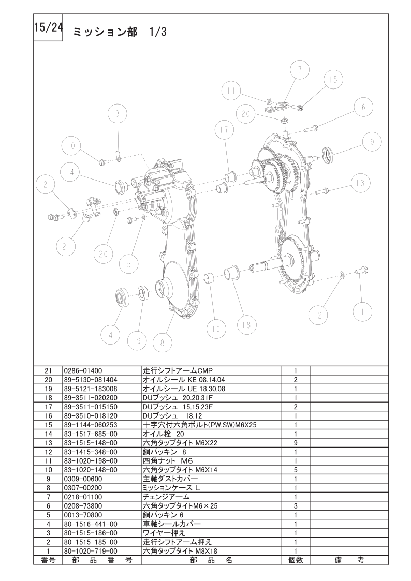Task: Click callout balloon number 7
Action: tap(299, 69)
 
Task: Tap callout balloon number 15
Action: tap(333, 80)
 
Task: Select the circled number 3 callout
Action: tap(118, 114)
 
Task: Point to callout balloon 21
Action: tap(66, 246)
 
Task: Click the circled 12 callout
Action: tap(318, 315)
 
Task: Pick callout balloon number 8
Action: tap(162, 342)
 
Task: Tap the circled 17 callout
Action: tap(225, 130)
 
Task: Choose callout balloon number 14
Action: tap(70, 172)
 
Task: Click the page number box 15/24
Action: tap(48, 28)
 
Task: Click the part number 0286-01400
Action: tap(83, 370)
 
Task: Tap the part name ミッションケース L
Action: tap(171, 488)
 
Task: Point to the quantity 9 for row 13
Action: tap(296, 443)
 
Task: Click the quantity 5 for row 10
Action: tap(296, 470)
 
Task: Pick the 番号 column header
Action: tap(48, 560)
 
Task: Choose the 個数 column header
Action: tap(296, 560)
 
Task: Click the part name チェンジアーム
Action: tap(166, 497)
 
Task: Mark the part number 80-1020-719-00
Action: tap(91, 550)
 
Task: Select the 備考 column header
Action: tap(349, 560)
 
